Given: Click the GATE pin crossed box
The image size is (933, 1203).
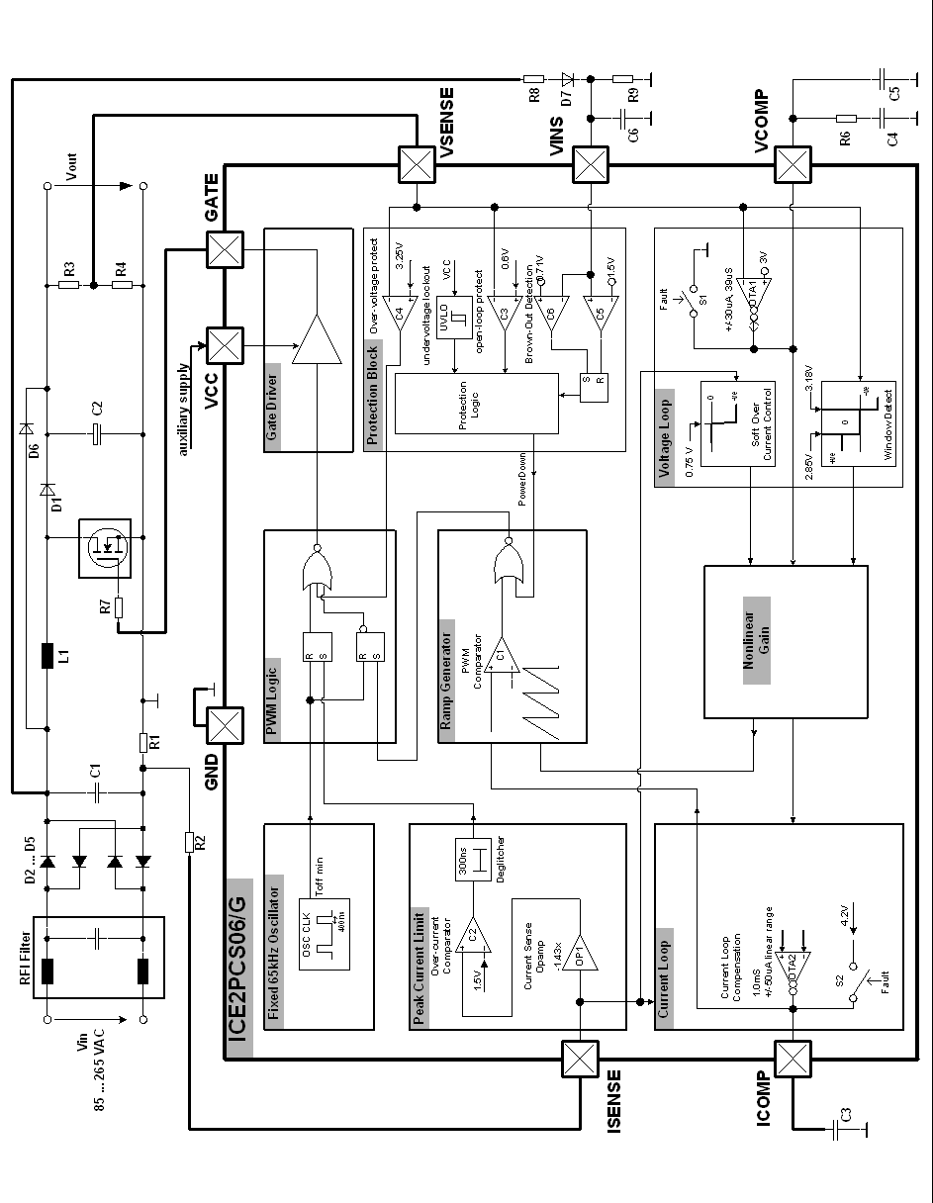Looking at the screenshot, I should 226,248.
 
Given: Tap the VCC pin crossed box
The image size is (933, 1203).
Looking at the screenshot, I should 226,345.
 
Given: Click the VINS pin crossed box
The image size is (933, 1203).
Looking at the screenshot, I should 591,164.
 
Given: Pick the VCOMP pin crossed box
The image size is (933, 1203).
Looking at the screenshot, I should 792,164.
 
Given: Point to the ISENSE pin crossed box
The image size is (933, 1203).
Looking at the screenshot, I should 578,1059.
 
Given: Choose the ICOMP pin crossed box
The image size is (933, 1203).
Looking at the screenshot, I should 792,1059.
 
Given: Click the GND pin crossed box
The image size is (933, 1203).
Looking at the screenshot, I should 226,727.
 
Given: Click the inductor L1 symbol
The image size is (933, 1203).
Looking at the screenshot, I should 47,656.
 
